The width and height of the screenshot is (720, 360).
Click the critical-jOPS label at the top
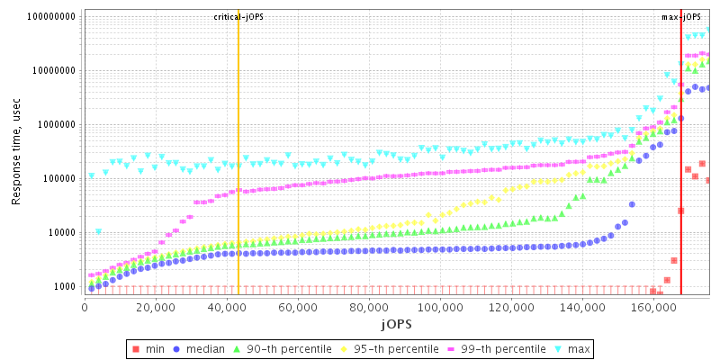[238, 17]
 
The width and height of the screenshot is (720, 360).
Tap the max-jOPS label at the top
[680, 17]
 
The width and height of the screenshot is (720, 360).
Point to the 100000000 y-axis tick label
[50, 16]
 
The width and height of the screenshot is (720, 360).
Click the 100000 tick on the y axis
[58, 178]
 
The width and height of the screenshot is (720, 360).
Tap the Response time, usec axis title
[17, 150]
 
